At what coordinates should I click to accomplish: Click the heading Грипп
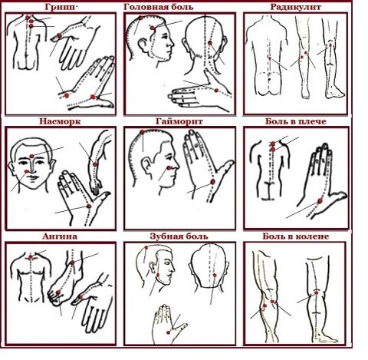coord(61,7)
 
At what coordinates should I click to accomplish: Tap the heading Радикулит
coord(295,7)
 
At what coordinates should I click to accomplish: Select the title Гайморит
coord(179,121)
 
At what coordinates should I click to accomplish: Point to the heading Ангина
coord(60,236)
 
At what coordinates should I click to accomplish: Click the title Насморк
coord(60,121)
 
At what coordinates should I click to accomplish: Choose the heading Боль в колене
coord(296,236)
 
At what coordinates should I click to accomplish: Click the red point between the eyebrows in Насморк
coord(31,156)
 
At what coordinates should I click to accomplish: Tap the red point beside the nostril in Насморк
coord(27,171)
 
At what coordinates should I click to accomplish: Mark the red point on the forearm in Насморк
coord(95,164)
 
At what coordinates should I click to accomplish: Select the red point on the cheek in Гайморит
coord(169,168)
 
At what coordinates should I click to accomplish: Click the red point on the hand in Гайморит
coord(212,182)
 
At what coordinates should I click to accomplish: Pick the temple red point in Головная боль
coord(153,28)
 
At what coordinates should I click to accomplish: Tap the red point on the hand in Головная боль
coord(216,91)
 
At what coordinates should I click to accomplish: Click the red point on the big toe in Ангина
coord(58,292)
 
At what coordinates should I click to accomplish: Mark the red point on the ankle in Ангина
coord(72,263)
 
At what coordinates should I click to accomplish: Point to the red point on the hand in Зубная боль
coord(168,332)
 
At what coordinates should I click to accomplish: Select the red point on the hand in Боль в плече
coord(320,201)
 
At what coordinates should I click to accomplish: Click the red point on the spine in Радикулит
coord(270,58)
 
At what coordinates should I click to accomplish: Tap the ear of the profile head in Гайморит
coord(146,166)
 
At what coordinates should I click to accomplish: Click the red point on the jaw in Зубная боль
coord(158,276)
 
